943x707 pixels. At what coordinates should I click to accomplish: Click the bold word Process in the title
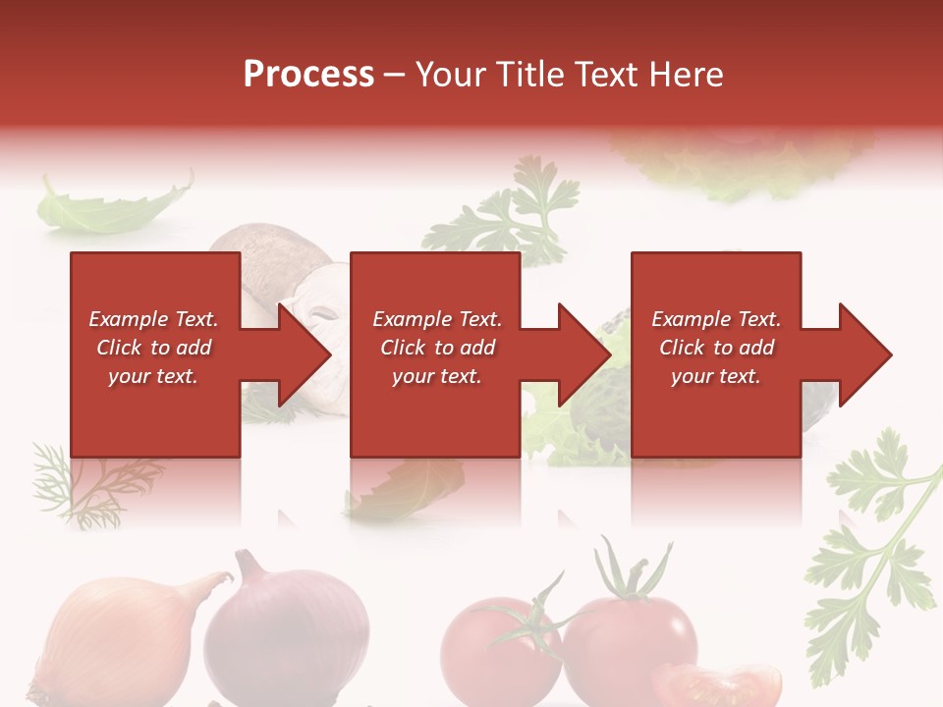coord(308,75)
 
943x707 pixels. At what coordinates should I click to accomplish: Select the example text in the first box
coord(153,348)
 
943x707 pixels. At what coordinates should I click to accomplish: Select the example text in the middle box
coord(437,348)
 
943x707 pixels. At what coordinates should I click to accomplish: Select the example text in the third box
coord(716,348)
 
